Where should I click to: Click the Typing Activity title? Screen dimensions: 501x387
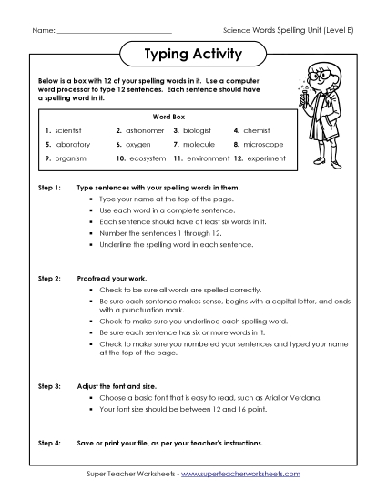[x=193, y=54]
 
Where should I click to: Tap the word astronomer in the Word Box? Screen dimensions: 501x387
[x=144, y=130]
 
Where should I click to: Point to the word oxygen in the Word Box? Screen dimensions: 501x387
[x=138, y=145]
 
